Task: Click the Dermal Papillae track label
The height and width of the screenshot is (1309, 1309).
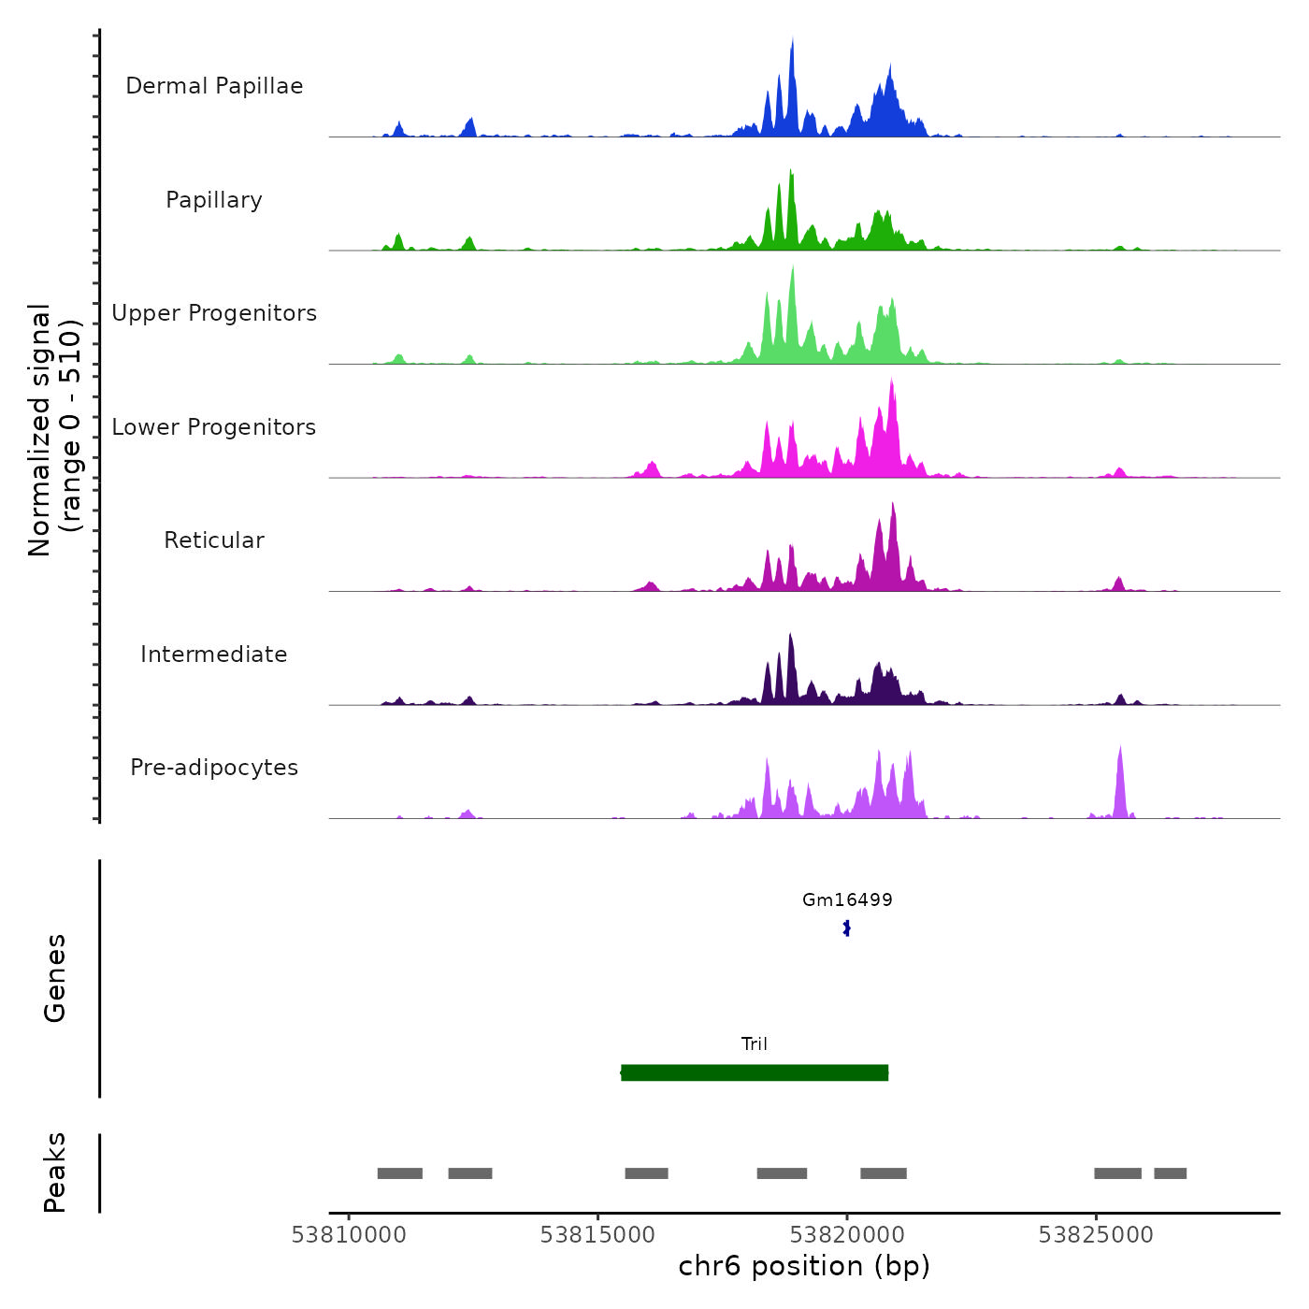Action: point(214,86)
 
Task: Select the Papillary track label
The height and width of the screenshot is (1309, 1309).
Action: point(214,200)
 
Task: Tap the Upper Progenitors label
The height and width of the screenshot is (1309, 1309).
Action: point(214,313)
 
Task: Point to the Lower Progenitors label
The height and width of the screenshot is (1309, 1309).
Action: point(214,427)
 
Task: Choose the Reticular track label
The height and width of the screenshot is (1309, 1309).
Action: point(214,540)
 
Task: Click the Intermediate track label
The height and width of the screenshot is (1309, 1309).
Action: point(214,654)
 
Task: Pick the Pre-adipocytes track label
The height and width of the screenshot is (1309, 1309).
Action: point(214,768)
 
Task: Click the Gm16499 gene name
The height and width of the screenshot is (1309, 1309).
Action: point(847,900)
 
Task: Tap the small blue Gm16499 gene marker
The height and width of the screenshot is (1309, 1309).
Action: point(847,928)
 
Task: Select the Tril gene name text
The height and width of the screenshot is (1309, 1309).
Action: point(755,1044)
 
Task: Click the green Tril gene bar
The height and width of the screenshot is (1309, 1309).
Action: point(755,1072)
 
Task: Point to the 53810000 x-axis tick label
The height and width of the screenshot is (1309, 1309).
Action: point(349,1235)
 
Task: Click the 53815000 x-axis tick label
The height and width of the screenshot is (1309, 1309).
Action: point(597,1235)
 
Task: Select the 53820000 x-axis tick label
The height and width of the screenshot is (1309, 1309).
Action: point(847,1235)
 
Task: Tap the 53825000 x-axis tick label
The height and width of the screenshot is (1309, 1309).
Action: point(1096,1235)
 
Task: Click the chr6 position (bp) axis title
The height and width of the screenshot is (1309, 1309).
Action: point(804,1267)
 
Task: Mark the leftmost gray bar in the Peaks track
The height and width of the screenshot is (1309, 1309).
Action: point(400,1173)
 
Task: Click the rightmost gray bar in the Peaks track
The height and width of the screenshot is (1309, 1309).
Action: point(1170,1173)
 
